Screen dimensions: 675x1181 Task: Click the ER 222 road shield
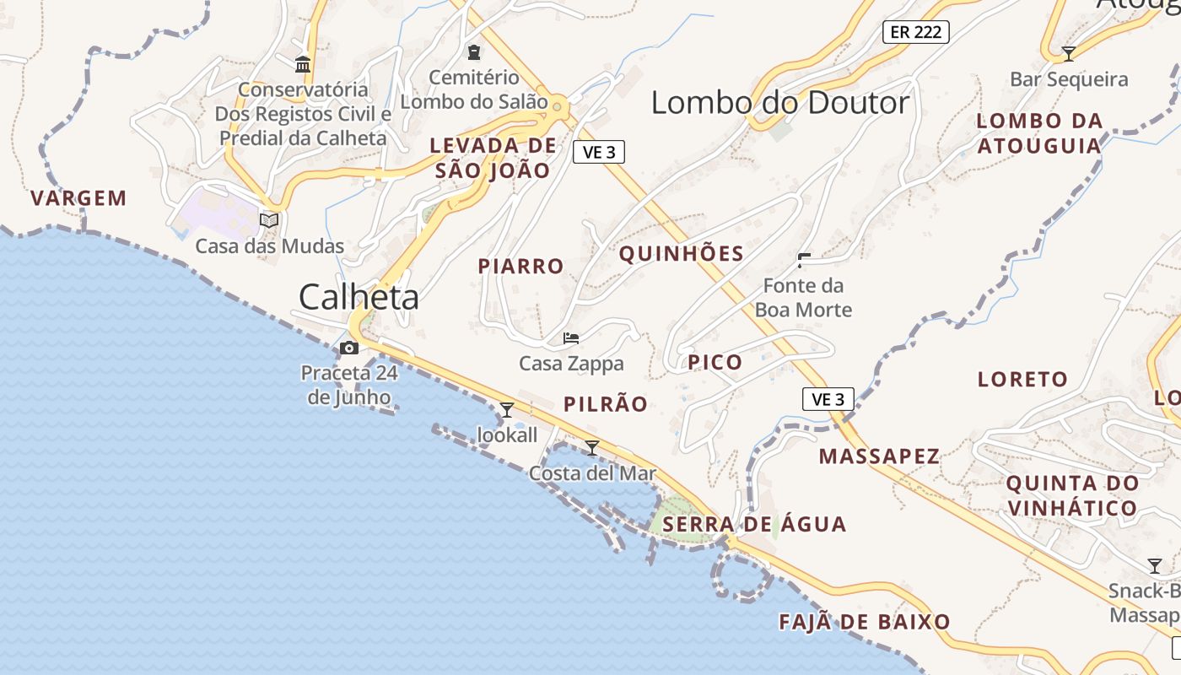(916, 32)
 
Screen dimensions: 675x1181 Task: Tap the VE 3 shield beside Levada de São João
(599, 152)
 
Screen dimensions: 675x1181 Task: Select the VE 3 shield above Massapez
(828, 399)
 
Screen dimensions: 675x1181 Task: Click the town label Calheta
(359, 297)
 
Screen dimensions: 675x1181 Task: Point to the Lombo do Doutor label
(780, 103)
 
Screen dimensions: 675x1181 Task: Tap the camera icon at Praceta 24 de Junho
(348, 348)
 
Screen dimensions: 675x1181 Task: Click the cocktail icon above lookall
(507, 410)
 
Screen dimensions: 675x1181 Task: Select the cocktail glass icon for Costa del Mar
(592, 447)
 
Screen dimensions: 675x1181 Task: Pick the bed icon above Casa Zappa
(571, 339)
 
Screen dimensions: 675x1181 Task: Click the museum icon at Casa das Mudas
(269, 220)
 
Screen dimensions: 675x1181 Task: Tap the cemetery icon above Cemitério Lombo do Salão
(474, 52)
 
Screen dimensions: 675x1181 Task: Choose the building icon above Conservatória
(303, 64)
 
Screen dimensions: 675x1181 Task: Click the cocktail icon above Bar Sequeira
(1069, 54)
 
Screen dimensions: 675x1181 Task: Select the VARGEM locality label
(78, 198)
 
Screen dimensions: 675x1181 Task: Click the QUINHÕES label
(682, 254)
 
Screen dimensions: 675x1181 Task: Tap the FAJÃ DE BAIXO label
(864, 623)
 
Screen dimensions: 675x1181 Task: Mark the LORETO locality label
(1022, 380)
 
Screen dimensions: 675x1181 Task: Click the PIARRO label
(520, 267)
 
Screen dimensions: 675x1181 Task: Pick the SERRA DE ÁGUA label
(754, 525)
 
